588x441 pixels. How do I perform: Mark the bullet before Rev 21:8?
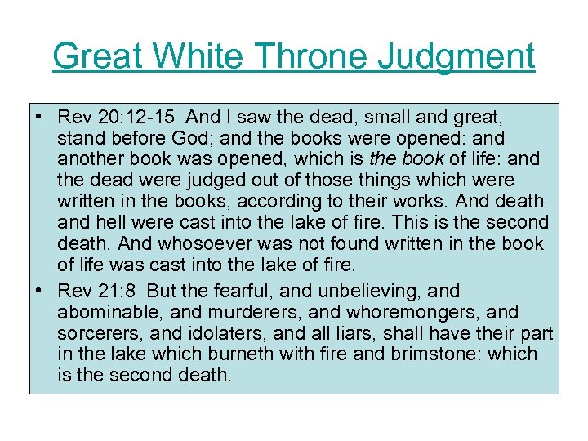39,292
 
